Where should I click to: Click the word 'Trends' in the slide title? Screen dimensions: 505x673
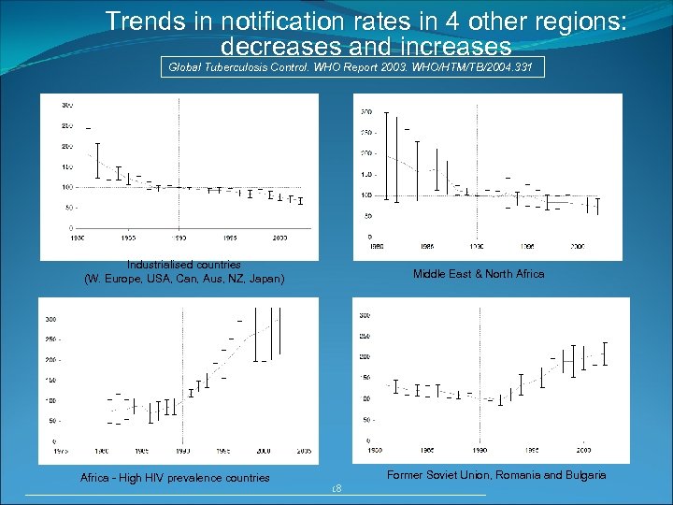click(x=137, y=20)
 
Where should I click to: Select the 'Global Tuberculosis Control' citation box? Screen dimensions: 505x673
click(x=352, y=67)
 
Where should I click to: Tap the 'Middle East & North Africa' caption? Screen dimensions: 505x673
click(x=479, y=274)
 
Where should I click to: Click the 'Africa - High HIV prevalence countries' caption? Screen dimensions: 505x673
click(x=175, y=478)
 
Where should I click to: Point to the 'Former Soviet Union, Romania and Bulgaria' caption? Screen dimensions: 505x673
click(x=496, y=475)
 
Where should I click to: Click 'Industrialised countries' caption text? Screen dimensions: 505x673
click(x=184, y=265)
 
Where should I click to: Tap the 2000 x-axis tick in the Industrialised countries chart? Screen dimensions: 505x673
click(x=279, y=238)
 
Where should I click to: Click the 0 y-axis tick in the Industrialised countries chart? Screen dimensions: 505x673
click(x=72, y=227)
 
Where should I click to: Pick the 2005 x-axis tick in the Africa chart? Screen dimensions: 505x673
click(x=303, y=450)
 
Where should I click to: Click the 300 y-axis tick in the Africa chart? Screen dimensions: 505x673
click(x=50, y=318)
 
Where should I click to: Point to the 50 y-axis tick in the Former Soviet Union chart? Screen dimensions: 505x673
click(x=367, y=419)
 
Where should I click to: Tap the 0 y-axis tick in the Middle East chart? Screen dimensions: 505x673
click(x=370, y=237)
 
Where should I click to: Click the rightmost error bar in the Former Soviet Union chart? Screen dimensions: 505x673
click(x=605, y=353)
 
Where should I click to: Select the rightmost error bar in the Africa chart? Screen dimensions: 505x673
click(x=278, y=337)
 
